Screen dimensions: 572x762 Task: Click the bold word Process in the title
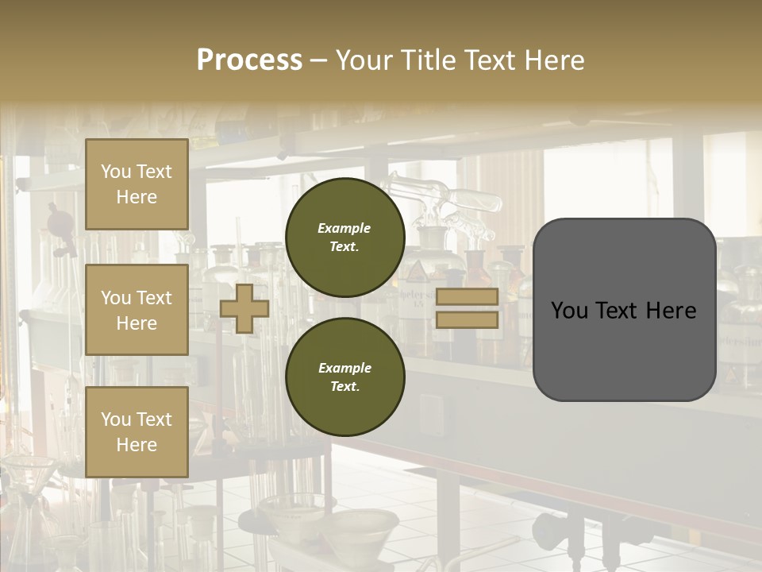tap(249, 60)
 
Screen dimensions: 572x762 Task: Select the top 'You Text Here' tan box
tap(137, 184)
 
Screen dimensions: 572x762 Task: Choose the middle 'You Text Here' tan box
tap(137, 310)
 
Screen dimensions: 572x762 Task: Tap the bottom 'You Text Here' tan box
tap(137, 431)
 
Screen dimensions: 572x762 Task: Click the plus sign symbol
tap(244, 308)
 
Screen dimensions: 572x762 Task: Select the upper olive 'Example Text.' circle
tap(344, 238)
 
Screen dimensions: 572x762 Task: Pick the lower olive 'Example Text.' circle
tap(344, 377)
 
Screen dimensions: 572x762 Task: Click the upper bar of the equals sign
tap(467, 297)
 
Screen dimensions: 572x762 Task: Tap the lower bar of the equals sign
tap(467, 320)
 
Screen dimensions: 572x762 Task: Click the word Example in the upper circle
tap(344, 228)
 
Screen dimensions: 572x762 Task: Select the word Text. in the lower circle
tap(344, 387)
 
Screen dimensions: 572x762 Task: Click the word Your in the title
tap(360, 60)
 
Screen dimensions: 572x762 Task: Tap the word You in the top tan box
tap(114, 172)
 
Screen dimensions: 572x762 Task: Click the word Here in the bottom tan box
tap(137, 445)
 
